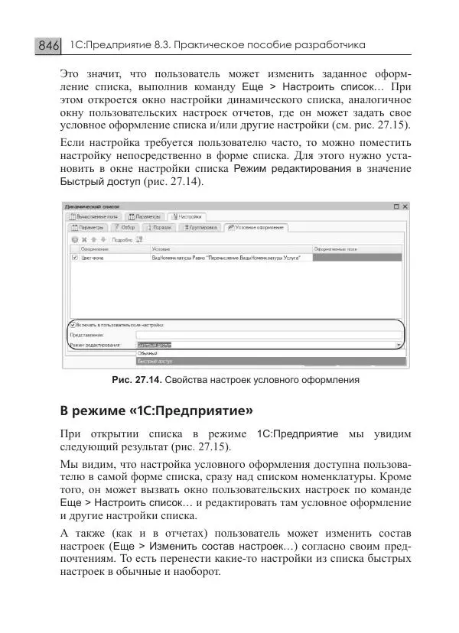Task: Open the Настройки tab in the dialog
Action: [187, 217]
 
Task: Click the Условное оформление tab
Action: [256, 227]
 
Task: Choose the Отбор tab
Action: [124, 227]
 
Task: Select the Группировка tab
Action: [200, 227]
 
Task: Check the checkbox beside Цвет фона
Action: [74, 258]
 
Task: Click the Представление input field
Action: [268, 334]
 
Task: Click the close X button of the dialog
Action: [405, 206]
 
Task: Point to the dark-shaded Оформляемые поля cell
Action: [357, 258]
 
